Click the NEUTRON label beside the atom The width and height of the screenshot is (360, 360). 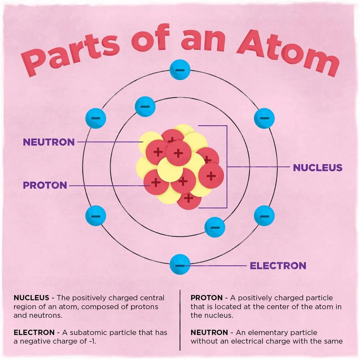pyautogui.click(x=49, y=142)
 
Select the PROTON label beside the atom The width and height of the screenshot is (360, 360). pyautogui.click(x=45, y=185)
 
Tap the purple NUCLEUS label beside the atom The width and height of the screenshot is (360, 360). pyautogui.click(x=318, y=168)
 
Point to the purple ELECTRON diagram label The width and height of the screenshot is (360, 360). pyautogui.click(x=278, y=266)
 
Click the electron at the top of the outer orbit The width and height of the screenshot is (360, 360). pyautogui.click(x=180, y=69)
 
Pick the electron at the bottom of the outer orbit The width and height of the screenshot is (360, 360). pyautogui.click(x=180, y=264)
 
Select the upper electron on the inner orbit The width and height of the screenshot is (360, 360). pyautogui.click(x=145, y=107)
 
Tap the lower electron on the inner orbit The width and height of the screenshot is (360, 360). pyautogui.click(x=215, y=227)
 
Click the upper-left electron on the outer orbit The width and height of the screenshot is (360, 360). pyautogui.click(x=96, y=118)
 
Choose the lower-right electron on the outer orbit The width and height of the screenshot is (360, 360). pyautogui.click(x=264, y=216)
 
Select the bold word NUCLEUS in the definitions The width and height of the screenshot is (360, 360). pyautogui.click(x=31, y=298)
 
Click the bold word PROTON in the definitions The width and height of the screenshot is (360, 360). pyautogui.click(x=207, y=298)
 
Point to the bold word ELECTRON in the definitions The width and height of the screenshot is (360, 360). pyautogui.click(x=34, y=332)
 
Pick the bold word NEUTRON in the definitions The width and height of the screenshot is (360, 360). pyautogui.click(x=209, y=332)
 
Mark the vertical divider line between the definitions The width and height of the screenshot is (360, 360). pyautogui.click(x=180, y=320)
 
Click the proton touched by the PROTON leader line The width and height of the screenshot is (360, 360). pyautogui.click(x=156, y=182)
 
